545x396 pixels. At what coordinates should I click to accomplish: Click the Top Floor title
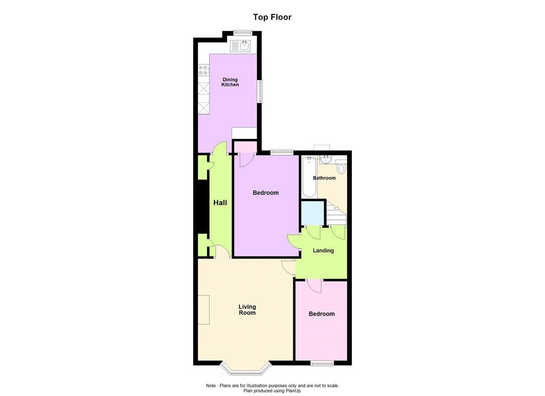pos(272,17)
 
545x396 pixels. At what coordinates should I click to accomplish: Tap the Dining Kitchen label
pos(230,82)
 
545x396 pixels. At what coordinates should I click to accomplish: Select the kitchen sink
pos(241,46)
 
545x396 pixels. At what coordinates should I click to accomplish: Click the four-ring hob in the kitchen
pos(203,70)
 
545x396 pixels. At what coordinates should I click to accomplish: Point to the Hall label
pos(220,203)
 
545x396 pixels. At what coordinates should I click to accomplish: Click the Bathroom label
pos(324,178)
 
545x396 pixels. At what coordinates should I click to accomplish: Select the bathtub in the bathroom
pos(309,177)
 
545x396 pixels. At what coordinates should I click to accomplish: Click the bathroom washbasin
pos(326,159)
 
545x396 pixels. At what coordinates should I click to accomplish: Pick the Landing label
pos(323,250)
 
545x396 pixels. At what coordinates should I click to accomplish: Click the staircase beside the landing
pos(336,214)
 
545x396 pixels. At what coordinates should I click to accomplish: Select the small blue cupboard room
pos(312,213)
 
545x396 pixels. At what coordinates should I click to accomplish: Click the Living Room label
pos(247,309)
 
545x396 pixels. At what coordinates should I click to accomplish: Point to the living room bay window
pos(245,369)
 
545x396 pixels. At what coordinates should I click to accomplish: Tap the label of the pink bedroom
pos(321,314)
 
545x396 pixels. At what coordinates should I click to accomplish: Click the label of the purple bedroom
pos(266,193)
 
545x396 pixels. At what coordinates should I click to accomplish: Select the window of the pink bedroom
pos(322,364)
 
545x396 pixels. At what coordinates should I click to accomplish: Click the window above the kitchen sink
pos(242,32)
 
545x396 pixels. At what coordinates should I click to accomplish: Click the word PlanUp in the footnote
pos(294,391)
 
